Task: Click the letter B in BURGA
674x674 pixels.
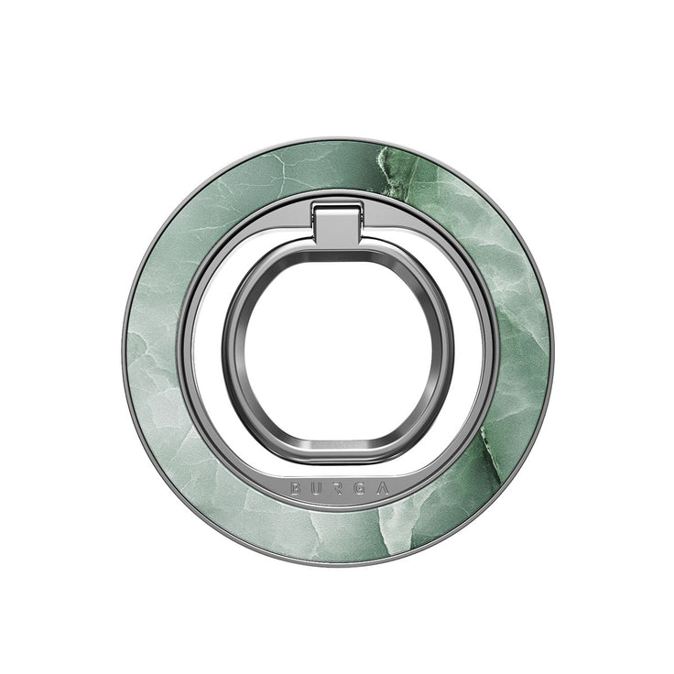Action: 295,488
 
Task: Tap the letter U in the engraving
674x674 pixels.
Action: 316,488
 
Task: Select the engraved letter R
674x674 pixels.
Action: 338,488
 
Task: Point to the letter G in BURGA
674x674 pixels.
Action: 360,488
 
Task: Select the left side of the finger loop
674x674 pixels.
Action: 234,353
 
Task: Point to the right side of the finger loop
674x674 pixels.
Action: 442,353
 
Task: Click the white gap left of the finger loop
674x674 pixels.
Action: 206,353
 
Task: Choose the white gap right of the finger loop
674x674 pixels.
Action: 470,353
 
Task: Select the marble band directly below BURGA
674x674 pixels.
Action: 337,536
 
